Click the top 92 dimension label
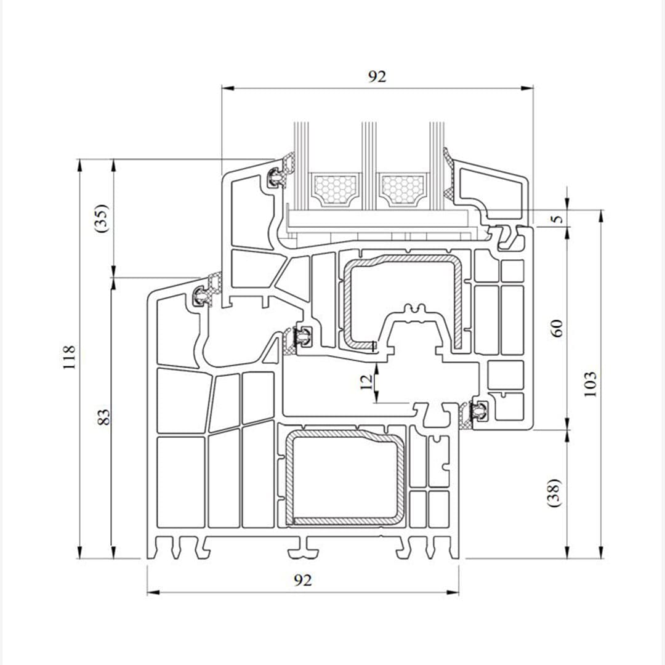pyautogui.click(x=377, y=76)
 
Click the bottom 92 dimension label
pyautogui.click(x=302, y=580)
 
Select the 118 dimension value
pyautogui.click(x=69, y=357)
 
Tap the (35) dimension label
pyautogui.click(x=102, y=218)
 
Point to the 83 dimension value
pyautogui.click(x=104, y=416)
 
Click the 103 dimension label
pyautogui.click(x=589, y=384)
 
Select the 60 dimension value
pyautogui.click(x=556, y=328)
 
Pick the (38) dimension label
pyautogui.click(x=554, y=493)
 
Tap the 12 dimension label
pyautogui.click(x=366, y=382)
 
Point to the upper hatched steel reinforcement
pyautogui.click(x=403, y=261)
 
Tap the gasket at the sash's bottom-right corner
pyautogui.click(x=477, y=411)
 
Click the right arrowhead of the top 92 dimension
pyautogui.click(x=528, y=88)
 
